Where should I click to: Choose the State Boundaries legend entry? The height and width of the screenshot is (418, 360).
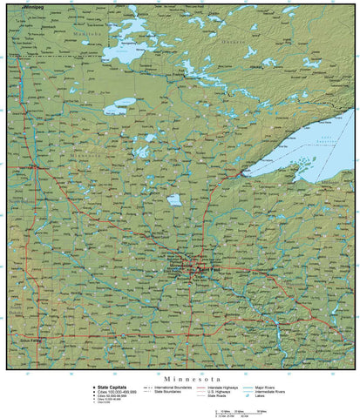[x=170, y=392]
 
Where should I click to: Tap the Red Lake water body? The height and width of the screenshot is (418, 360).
[x=118, y=110]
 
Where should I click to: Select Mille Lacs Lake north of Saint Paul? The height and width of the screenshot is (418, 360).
[x=174, y=200]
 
